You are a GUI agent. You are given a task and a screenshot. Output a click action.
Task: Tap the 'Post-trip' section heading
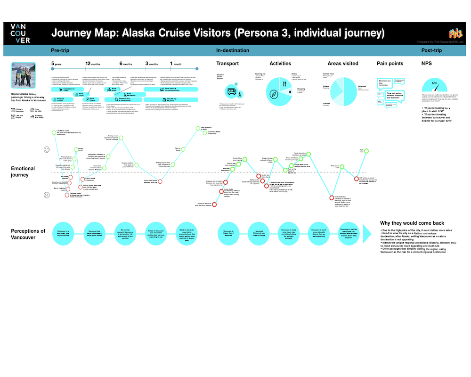click(431, 50)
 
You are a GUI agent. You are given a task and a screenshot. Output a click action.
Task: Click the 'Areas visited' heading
click(343, 64)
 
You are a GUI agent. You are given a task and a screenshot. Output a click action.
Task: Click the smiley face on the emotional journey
click(47, 149)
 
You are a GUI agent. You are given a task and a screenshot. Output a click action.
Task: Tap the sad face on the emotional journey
click(47, 195)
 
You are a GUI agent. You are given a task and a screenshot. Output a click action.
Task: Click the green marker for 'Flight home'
click(367, 151)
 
